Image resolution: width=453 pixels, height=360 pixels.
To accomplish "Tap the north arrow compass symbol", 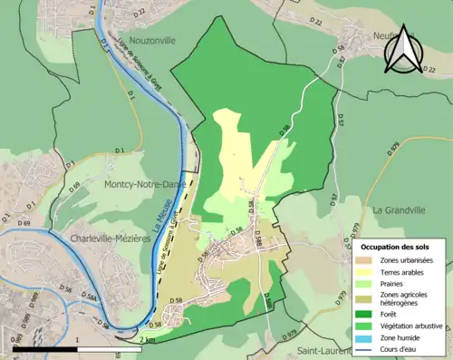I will pos(406,48).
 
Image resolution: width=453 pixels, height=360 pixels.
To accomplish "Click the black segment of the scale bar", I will pos(45,349).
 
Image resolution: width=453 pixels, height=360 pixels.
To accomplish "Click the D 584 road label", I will pos(88,298).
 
